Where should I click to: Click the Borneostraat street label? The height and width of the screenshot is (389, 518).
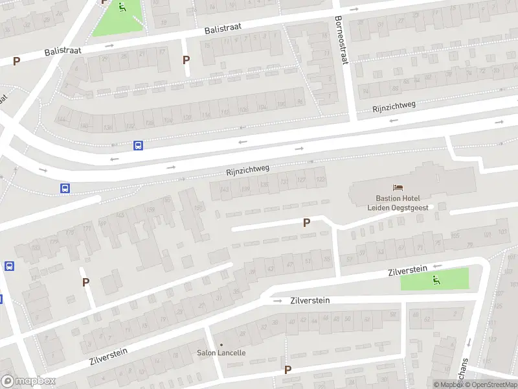coord(341,40)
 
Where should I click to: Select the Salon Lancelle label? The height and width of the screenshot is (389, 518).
coord(221,353)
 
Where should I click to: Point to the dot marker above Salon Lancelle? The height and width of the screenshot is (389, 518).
coord(221,344)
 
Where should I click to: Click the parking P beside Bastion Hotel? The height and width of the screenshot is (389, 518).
coord(307,222)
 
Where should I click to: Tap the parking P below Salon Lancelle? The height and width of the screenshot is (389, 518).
coord(287,370)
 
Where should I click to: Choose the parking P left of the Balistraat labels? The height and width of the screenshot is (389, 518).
coord(16,62)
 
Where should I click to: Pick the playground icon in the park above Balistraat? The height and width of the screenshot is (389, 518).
coord(122,7)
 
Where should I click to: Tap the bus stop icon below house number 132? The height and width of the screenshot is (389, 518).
coord(138,145)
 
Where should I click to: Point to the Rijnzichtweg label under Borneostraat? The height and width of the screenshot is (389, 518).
coord(394,106)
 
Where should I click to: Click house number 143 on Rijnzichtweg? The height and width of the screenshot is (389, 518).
coord(224,189)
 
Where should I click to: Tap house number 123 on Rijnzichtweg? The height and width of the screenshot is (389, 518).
coord(321,180)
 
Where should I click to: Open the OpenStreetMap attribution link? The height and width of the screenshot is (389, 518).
coord(491,384)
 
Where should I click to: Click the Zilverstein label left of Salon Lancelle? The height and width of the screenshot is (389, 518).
coord(108,356)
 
